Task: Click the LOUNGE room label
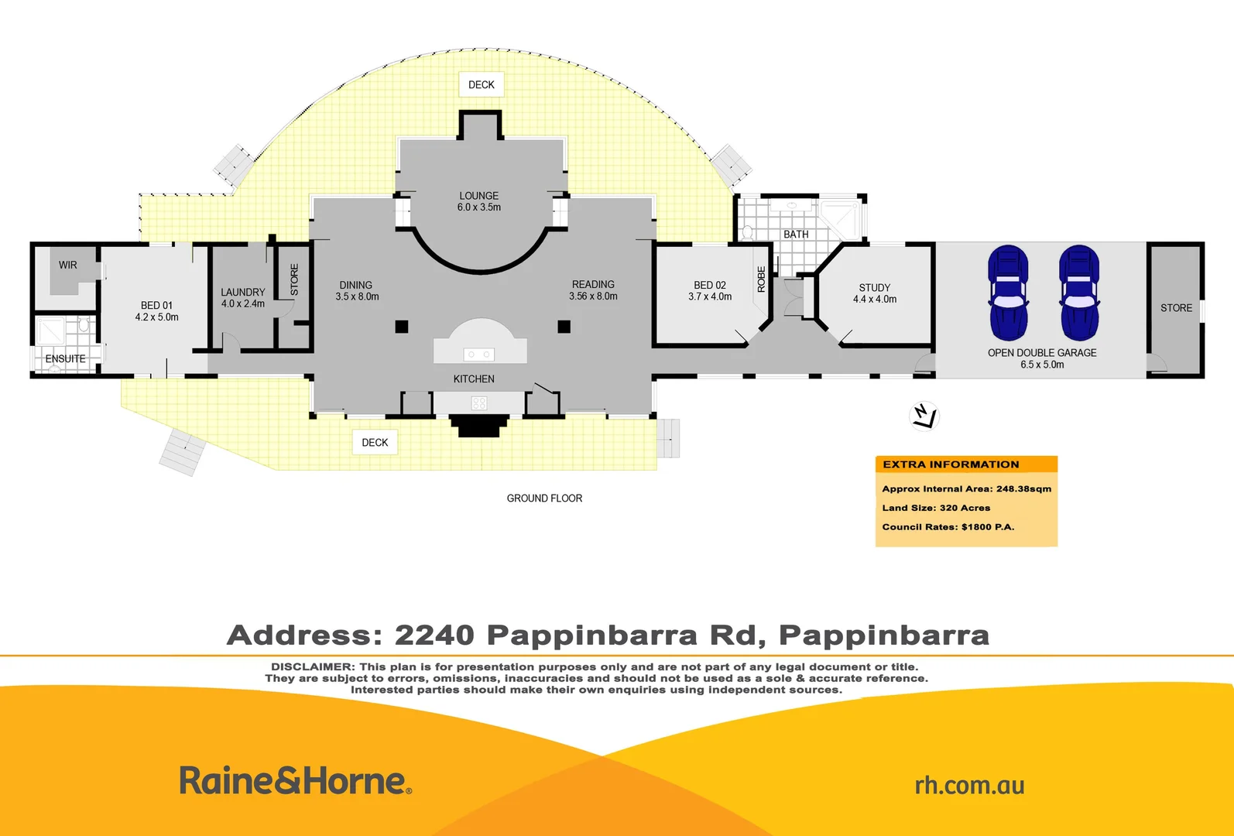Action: (x=478, y=196)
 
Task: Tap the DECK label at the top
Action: (x=481, y=84)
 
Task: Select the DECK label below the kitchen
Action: (x=375, y=442)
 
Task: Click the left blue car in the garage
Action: (x=1008, y=293)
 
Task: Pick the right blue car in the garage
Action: (x=1079, y=293)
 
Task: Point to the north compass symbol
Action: (x=924, y=415)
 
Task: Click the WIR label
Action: (x=68, y=265)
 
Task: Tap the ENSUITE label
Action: (x=65, y=358)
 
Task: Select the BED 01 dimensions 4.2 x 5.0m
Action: (x=156, y=317)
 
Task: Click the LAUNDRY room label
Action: (x=242, y=292)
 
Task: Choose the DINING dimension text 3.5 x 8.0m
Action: (x=357, y=296)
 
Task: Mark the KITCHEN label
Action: (x=474, y=379)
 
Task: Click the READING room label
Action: (x=593, y=284)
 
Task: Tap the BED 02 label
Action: (x=710, y=285)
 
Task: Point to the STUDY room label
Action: (x=875, y=287)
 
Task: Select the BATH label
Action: (x=796, y=234)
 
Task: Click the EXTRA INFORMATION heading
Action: (x=951, y=464)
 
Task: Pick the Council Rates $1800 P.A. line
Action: (x=948, y=527)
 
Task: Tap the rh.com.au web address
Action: (x=969, y=785)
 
